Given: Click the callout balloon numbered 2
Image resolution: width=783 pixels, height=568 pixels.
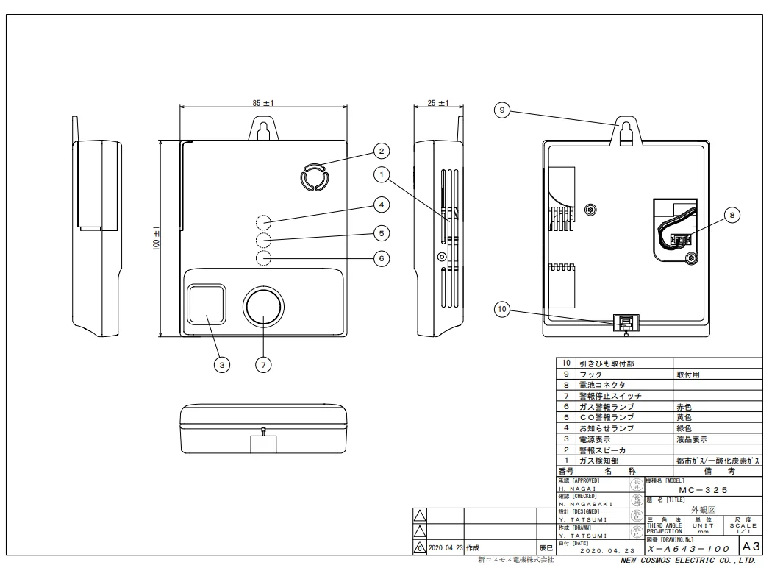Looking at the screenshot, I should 380,151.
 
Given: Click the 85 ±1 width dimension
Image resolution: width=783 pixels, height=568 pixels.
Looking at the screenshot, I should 262,104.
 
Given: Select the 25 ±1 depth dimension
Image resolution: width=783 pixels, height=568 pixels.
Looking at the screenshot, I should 438,104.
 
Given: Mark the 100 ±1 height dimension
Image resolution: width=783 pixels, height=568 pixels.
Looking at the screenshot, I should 157,238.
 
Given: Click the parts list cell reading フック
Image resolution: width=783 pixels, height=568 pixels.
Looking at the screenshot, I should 591,374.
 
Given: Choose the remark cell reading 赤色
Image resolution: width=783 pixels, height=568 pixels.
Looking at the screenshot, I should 684,406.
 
